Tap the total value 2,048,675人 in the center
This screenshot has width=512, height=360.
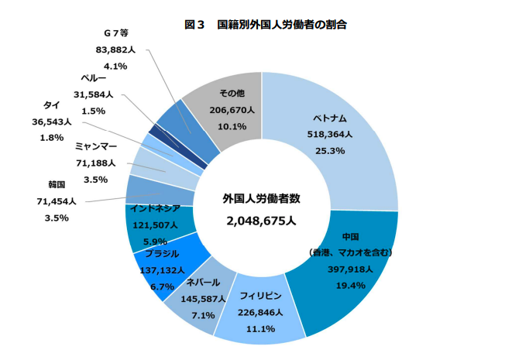[261, 221]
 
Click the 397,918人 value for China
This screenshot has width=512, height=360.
[351, 270]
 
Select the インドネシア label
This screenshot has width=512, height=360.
[155, 208]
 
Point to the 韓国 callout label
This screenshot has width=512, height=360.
[56, 185]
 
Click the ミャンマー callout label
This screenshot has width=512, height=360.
[95, 146]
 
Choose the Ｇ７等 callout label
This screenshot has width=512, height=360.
[115, 33]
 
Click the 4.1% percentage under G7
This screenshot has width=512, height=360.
[115, 66]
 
